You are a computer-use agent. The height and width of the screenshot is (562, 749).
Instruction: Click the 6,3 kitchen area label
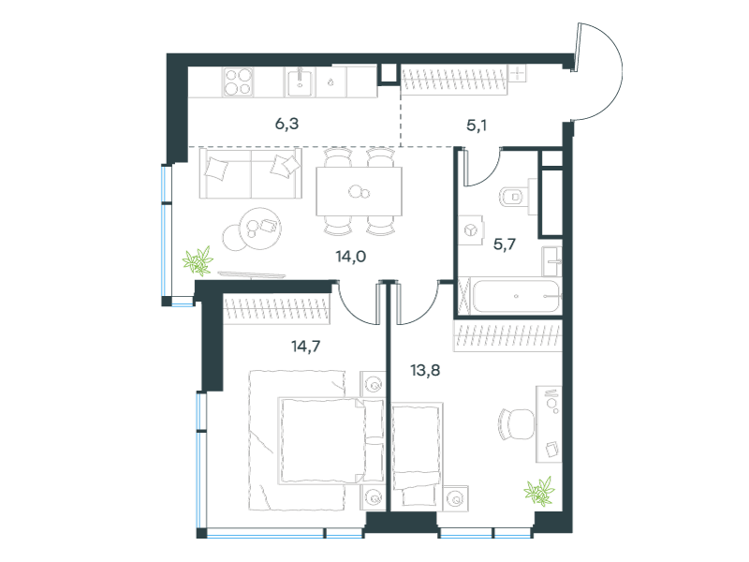click(286, 124)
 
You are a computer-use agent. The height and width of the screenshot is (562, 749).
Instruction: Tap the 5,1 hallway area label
click(477, 126)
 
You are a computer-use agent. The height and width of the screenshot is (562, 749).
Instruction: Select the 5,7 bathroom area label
click(505, 244)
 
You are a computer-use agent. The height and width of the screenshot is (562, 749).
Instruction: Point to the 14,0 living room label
click(350, 257)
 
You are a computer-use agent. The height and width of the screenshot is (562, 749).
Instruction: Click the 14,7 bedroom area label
click(306, 346)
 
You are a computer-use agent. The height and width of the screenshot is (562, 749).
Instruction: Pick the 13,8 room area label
click(425, 370)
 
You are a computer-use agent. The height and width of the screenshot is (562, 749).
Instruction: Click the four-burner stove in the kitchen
click(238, 82)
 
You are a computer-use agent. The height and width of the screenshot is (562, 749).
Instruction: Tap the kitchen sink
click(300, 81)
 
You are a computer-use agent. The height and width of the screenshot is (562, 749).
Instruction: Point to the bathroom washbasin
click(551, 261)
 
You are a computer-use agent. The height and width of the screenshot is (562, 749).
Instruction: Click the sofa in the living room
click(251, 173)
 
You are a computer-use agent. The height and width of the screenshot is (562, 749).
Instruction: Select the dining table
click(360, 191)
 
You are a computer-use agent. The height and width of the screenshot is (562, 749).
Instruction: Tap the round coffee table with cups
click(261, 229)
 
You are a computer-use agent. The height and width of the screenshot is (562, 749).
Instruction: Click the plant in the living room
click(198, 261)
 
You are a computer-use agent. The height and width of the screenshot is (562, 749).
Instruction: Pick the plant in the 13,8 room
click(540, 491)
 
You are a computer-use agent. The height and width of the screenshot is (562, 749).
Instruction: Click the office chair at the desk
click(516, 424)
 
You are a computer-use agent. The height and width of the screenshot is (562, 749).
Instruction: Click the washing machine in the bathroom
click(472, 230)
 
